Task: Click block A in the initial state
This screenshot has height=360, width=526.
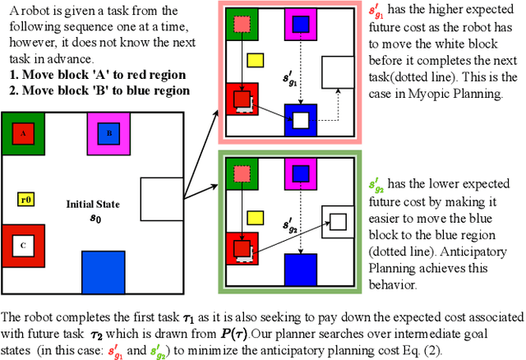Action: pyautogui.click(x=23, y=134)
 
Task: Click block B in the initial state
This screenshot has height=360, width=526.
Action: pyautogui.click(x=108, y=134)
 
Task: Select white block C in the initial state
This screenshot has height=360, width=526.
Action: pyautogui.click(x=22, y=245)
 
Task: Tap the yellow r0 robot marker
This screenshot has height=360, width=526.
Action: pyautogui.click(x=25, y=199)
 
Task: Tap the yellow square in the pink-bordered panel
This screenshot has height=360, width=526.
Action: pyautogui.click(x=256, y=60)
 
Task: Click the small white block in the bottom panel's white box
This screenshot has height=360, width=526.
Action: pyautogui.click(x=338, y=221)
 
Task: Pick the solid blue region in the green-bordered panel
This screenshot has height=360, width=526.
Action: pyautogui.click(x=301, y=269)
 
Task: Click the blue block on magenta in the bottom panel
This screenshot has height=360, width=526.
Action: pyautogui.click(x=301, y=173)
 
